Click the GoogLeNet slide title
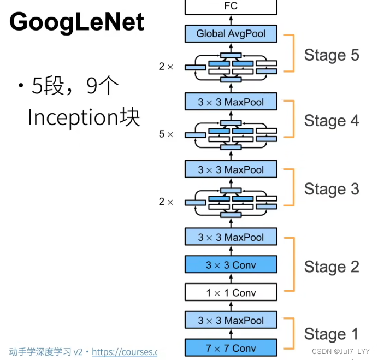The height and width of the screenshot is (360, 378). pyautogui.click(x=77, y=22)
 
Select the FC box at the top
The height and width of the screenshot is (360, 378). pyautogui.click(x=231, y=7)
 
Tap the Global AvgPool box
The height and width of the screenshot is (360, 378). pyautogui.click(x=231, y=34)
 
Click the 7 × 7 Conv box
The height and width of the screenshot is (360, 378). pyautogui.click(x=231, y=348)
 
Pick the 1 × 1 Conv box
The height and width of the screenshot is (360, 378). pyautogui.click(x=231, y=293)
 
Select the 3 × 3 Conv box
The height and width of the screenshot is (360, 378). pyautogui.click(x=231, y=265)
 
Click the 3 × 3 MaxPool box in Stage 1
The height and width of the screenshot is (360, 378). pyautogui.click(x=231, y=321)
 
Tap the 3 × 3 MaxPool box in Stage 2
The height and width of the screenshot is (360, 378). pyautogui.click(x=231, y=237)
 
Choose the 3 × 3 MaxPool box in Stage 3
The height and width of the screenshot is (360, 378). pyautogui.click(x=231, y=170)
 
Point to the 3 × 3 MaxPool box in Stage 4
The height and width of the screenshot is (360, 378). pyautogui.click(x=231, y=102)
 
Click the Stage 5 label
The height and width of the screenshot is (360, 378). pyautogui.click(x=332, y=55)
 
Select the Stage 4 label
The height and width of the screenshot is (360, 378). pyautogui.click(x=332, y=121)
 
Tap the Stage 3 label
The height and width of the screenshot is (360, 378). pyautogui.click(x=332, y=189)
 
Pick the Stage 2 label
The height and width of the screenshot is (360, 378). pyautogui.click(x=332, y=267)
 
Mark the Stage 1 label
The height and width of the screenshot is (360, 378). pyautogui.click(x=332, y=334)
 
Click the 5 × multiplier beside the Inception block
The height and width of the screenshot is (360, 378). pyautogui.click(x=166, y=134)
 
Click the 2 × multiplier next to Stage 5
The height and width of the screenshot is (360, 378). pyautogui.click(x=166, y=67)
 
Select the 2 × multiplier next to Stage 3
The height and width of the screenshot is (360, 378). pyautogui.click(x=166, y=202)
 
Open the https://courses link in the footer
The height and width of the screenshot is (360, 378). pyautogui.click(x=124, y=352)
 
